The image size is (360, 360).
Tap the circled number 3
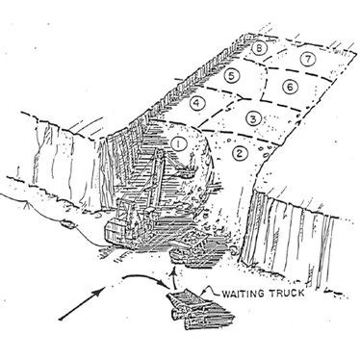252,118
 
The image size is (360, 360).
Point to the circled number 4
196,103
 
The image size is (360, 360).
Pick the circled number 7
305,59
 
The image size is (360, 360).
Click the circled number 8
259,48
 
